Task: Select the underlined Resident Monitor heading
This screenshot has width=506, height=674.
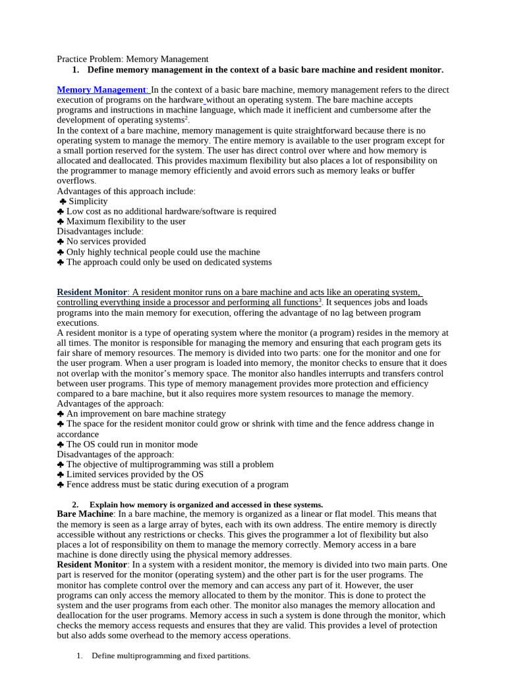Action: pos(92,292)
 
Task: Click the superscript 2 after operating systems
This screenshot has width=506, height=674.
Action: pos(186,118)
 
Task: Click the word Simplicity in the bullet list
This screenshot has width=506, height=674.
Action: pos(88,201)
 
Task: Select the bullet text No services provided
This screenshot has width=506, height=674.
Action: pos(106,242)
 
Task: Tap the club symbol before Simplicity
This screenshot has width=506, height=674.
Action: pos(63,201)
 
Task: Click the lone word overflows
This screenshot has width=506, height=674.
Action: pos(76,181)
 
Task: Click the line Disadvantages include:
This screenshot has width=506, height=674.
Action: pos(100,232)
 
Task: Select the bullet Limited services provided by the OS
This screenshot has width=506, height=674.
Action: pos(134,475)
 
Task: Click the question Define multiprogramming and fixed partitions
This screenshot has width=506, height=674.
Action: pos(171,656)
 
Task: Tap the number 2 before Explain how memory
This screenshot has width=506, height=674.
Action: pos(75,504)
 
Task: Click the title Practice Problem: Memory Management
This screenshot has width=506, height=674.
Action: pos(132,59)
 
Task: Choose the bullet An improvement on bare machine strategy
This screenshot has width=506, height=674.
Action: pos(146,414)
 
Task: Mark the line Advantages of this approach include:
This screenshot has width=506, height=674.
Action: pos(126,191)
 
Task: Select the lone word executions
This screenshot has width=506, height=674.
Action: pos(78,323)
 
